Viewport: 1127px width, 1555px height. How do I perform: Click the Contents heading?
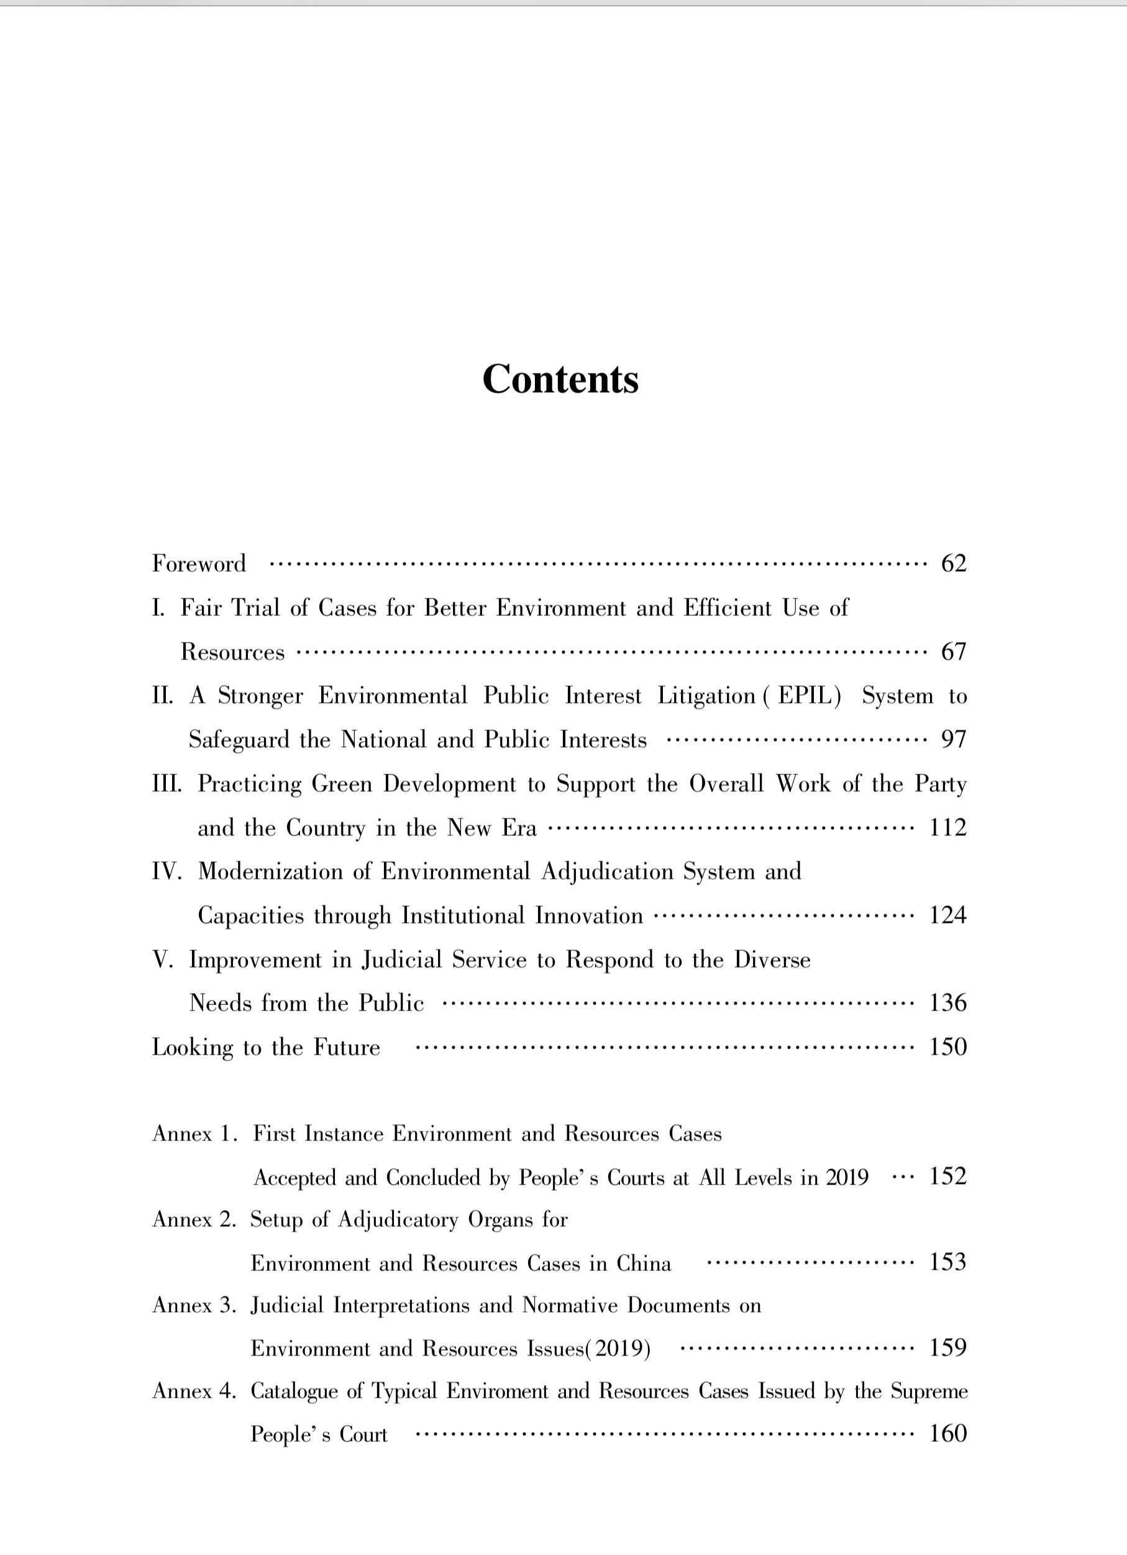[x=560, y=378]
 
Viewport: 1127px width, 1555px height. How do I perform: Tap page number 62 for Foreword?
[x=954, y=563]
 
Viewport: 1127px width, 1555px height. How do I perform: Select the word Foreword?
[x=199, y=564]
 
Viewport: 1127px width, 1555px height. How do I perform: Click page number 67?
[x=954, y=651]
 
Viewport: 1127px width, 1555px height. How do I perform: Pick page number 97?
[x=954, y=739]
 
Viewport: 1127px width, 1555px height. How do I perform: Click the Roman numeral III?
[x=167, y=784]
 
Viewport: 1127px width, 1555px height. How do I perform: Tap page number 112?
[x=947, y=828]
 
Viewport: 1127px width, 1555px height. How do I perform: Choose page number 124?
[x=947, y=915]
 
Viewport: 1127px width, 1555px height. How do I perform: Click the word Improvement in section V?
[x=255, y=960]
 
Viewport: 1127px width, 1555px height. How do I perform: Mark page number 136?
[x=947, y=1003]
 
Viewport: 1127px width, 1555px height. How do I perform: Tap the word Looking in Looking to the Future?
[x=192, y=1048]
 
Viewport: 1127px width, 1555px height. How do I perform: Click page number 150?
[x=947, y=1047]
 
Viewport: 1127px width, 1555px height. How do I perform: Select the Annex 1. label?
[x=194, y=1134]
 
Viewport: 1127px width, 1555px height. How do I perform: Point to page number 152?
[x=947, y=1177]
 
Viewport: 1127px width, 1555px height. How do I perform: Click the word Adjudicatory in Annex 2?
[x=398, y=1220]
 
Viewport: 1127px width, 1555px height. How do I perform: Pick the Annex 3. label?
[x=194, y=1305]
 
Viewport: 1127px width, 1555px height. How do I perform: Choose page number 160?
[x=947, y=1434]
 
